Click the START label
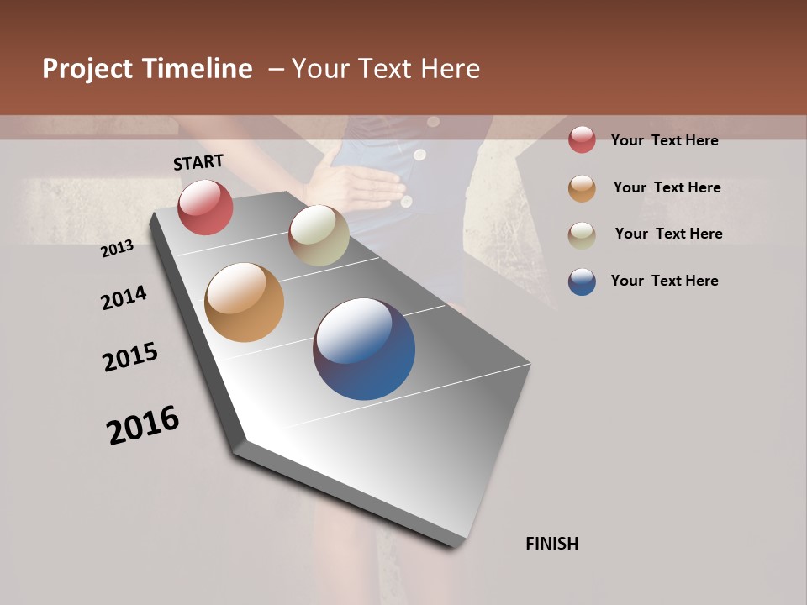tap(198, 162)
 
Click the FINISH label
tap(551, 544)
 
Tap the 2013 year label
tap(117, 249)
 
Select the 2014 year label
tap(124, 298)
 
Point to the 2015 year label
tap(130, 357)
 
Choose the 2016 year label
tap(143, 425)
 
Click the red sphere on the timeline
tap(205, 207)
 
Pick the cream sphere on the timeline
tap(319, 235)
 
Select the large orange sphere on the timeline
tap(244, 302)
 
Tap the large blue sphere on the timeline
tap(364, 349)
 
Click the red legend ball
tap(582, 140)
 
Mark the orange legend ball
tap(582, 187)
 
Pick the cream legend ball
tap(582, 234)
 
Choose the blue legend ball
tap(582, 281)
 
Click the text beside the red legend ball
tap(664, 140)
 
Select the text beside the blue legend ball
tap(664, 281)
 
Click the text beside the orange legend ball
tap(667, 187)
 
